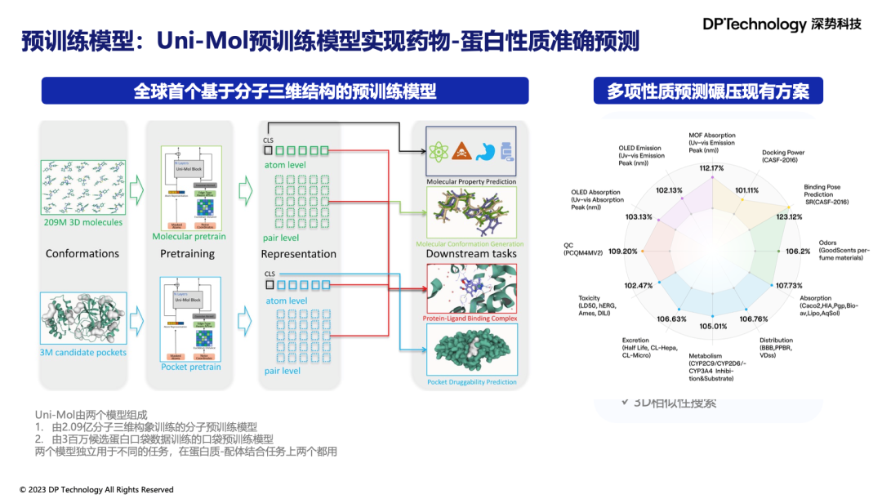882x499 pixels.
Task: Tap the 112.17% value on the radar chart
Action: pos(711,168)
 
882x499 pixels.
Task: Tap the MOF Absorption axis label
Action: pos(712,143)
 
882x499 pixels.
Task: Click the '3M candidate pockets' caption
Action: pos(83,352)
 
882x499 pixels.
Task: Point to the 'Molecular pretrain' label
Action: pos(189,237)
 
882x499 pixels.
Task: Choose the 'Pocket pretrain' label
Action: pos(190,367)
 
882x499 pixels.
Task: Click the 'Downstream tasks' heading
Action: pos(470,254)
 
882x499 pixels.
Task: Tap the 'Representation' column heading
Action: pos(298,254)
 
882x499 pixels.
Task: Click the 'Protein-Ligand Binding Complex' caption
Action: pos(470,319)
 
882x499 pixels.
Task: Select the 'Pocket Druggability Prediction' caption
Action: pos(471,382)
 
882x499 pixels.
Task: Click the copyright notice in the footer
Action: pos(96,490)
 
